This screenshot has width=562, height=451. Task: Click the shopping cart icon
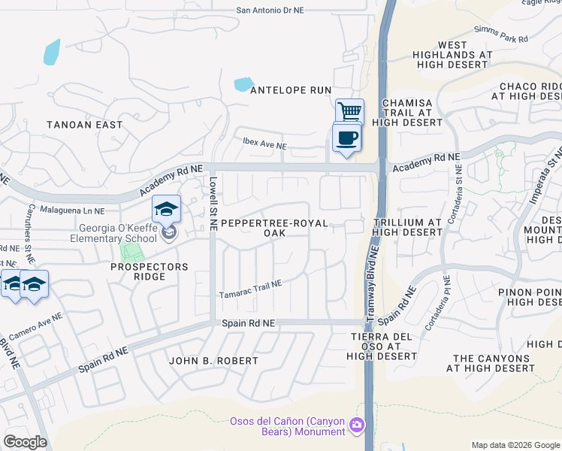pos(349,112)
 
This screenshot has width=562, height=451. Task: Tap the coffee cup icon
pos(346,138)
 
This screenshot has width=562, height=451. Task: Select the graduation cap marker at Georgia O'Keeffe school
pos(167,209)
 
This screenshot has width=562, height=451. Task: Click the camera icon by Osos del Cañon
pos(356,426)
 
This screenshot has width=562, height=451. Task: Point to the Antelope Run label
pos(290,90)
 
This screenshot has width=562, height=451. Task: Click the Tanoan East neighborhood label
pos(84,125)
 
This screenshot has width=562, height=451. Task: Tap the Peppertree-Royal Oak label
pos(274,229)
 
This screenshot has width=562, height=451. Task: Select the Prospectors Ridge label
pos(149,272)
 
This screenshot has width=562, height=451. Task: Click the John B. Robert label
pos(213,361)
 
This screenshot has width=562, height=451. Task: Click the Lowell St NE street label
pos(213,204)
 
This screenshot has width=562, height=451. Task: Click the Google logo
pos(24,442)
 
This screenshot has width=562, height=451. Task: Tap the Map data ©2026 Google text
pos(515,445)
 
